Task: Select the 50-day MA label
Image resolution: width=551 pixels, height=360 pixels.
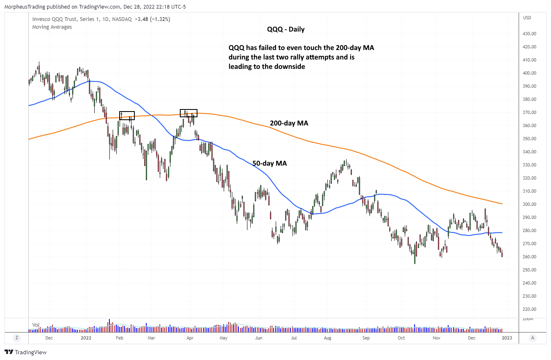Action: pos(269,163)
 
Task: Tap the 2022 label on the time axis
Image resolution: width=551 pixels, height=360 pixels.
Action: pos(86,338)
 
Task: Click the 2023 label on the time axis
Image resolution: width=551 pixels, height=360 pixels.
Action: pos(507,338)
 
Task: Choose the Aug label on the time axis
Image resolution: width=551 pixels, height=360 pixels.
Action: pos(328,338)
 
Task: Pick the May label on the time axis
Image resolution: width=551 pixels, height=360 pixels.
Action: pos(223,338)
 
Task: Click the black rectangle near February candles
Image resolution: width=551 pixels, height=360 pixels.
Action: pos(127,116)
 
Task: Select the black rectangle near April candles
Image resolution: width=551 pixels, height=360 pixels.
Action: pos(189,113)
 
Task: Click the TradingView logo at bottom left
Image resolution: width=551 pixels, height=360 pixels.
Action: pos(25,352)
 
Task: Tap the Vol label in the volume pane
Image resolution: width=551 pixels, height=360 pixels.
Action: pos(36,325)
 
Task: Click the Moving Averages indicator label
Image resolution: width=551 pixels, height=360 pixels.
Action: pos(52,27)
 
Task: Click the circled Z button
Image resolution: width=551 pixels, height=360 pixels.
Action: pos(17,338)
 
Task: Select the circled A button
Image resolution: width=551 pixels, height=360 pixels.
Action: pos(533,338)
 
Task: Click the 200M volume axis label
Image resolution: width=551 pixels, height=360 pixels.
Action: pos(528,319)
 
